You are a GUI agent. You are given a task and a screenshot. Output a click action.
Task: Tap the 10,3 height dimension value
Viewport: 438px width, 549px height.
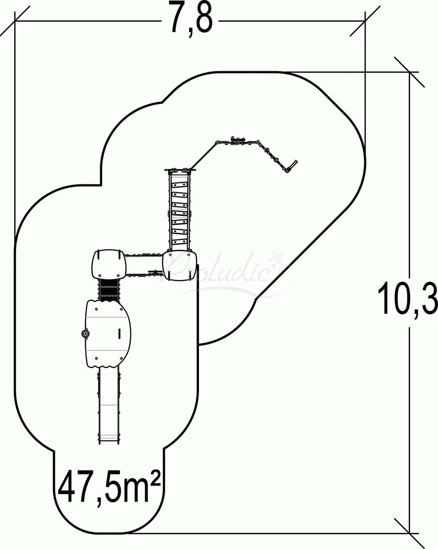(x=408, y=298)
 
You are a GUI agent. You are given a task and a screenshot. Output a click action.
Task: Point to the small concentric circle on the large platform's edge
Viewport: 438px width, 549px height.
(x=85, y=334)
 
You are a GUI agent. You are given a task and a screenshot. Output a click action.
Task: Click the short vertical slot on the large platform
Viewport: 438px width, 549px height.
(x=119, y=334)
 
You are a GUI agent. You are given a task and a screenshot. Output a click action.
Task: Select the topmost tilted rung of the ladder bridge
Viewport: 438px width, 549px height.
(x=180, y=185)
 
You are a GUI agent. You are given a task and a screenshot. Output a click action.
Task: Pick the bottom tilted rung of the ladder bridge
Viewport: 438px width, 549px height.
(x=180, y=242)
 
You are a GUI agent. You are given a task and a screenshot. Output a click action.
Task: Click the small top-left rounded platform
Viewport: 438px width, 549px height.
(x=109, y=264)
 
